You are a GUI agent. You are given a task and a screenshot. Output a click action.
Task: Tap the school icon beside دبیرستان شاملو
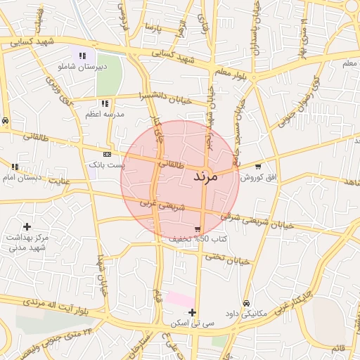point(82,55)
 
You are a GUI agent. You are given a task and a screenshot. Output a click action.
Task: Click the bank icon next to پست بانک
point(107,154)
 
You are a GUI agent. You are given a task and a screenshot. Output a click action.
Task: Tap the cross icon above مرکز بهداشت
point(27,226)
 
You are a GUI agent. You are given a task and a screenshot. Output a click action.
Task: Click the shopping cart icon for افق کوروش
point(259,167)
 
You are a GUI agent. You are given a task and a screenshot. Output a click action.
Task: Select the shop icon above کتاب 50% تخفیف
point(198,229)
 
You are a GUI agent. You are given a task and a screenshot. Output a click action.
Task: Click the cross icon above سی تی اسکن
point(193,312)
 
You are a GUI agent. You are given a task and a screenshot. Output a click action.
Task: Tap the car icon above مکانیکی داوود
point(245,303)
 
